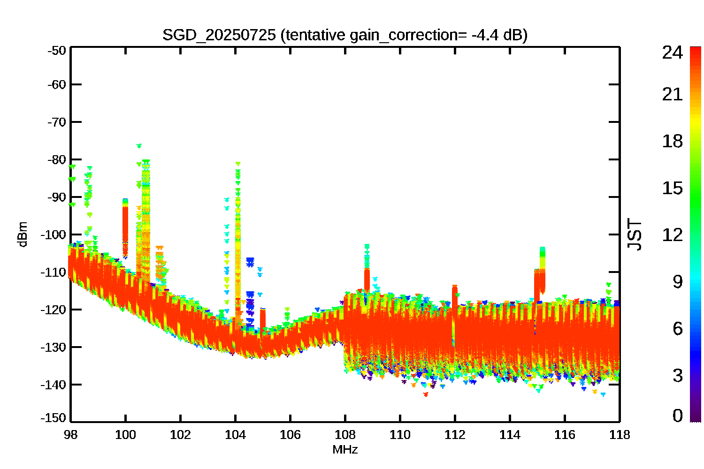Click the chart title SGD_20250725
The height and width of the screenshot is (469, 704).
(219, 35)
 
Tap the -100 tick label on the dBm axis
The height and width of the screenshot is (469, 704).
(54, 234)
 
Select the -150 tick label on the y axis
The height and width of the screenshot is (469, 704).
(54, 418)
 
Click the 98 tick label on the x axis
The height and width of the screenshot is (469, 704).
(71, 435)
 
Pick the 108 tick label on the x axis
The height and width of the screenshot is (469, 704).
(345, 435)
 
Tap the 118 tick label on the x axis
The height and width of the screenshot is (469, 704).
(620, 435)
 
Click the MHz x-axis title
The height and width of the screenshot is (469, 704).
(345, 449)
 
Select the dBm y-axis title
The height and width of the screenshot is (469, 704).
(23, 234)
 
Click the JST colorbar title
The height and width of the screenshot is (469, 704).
(635, 234)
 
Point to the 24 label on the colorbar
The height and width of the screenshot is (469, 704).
(672, 52)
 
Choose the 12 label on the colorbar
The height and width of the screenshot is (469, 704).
(672, 234)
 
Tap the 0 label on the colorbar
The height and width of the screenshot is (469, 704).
(678, 416)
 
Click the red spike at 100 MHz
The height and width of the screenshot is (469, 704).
(125, 229)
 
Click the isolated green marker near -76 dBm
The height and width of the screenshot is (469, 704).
(139, 146)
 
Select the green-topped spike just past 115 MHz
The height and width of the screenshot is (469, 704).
(542, 270)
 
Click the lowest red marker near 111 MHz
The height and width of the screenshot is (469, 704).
(426, 394)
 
